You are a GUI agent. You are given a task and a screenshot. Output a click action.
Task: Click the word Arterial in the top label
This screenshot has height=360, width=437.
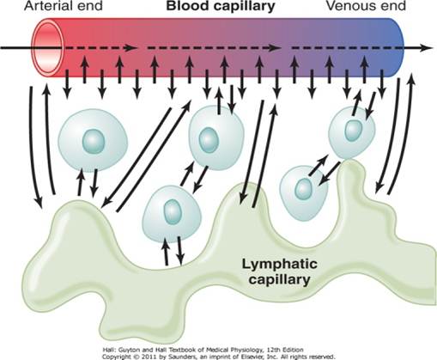click(x=26, y=8)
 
